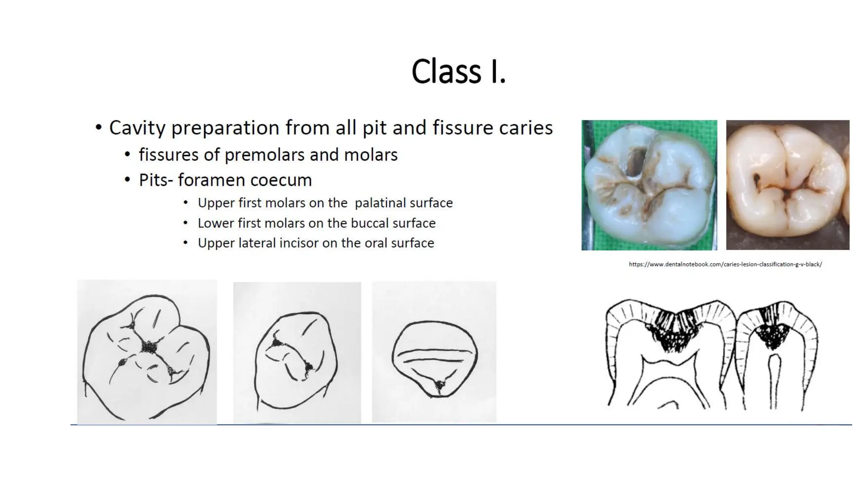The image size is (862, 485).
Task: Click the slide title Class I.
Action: (x=458, y=71)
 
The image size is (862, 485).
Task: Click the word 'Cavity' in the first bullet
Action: (x=137, y=128)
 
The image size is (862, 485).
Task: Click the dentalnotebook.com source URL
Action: (x=725, y=264)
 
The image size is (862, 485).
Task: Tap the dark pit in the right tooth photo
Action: (x=756, y=180)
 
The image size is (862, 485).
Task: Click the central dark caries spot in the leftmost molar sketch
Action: (x=148, y=347)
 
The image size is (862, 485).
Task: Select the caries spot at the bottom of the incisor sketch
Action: (x=440, y=384)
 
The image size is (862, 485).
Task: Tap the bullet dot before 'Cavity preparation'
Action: (x=98, y=128)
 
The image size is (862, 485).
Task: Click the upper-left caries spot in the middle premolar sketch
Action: (x=277, y=343)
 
